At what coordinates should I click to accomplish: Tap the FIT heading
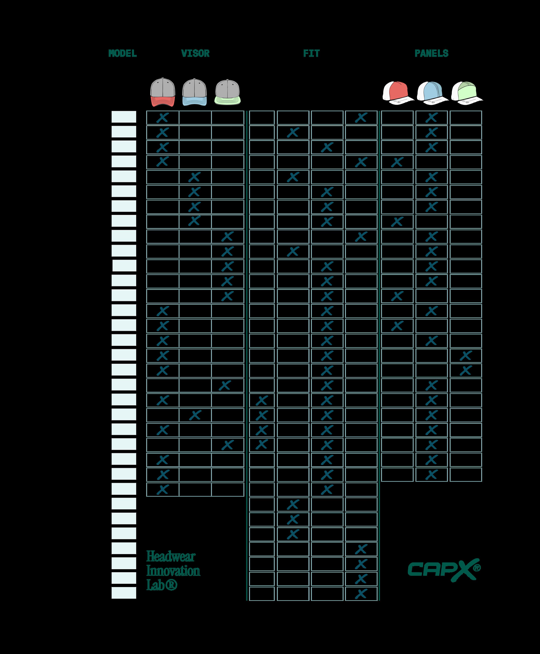(x=311, y=53)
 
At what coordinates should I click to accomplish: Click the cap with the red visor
(x=163, y=92)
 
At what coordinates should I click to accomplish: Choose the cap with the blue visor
(x=194, y=92)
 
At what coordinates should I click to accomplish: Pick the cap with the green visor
(x=227, y=92)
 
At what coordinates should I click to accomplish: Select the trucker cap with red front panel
(x=397, y=93)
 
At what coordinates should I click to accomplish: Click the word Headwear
(x=171, y=556)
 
